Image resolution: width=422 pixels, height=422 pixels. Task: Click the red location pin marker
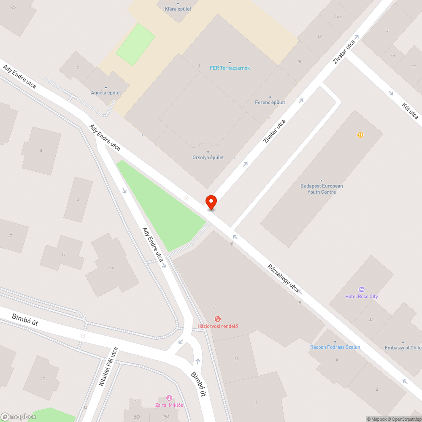point(211,202)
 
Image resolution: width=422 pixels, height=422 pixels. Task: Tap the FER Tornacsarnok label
point(230,68)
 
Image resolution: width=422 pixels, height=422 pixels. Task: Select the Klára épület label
point(178,9)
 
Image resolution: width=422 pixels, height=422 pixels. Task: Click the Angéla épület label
point(106,93)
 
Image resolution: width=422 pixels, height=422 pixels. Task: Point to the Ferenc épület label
point(270,103)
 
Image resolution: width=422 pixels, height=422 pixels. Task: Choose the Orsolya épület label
point(208,157)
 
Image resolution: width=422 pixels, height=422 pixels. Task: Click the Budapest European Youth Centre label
point(322,189)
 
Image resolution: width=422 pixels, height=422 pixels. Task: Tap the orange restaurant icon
point(360,135)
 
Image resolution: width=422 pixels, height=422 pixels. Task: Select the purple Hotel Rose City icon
point(361,289)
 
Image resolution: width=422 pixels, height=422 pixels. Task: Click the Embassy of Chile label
point(403,348)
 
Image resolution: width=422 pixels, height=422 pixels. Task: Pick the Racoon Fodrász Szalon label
point(335,347)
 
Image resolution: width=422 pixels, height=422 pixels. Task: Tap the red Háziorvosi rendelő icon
point(218,319)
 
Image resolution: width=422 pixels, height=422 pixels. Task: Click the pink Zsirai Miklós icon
point(169,398)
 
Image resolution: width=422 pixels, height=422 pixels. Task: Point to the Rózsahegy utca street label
point(283,278)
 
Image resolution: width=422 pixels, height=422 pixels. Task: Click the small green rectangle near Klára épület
point(135,44)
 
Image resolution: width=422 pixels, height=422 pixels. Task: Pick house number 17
point(10,235)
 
